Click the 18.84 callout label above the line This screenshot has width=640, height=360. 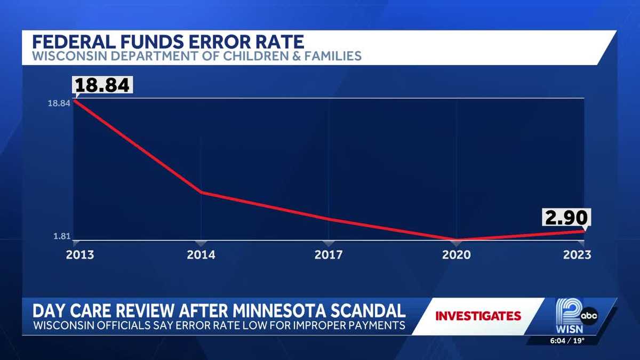[102, 85]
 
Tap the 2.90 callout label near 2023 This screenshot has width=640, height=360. [566, 218]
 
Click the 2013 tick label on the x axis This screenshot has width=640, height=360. [80, 255]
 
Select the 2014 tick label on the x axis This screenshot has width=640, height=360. [201, 255]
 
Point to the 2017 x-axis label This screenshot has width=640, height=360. [329, 255]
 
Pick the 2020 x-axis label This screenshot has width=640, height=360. [457, 255]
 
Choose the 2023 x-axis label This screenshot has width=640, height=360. [577, 255]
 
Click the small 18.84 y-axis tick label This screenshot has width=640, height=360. [59, 103]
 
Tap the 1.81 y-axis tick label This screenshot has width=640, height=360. [62, 237]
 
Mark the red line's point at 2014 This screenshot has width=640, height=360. [201, 192]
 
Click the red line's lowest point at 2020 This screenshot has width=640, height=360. [457, 239]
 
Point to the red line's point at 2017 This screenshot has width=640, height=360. [329, 219]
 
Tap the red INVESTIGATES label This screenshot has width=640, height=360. [478, 316]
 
